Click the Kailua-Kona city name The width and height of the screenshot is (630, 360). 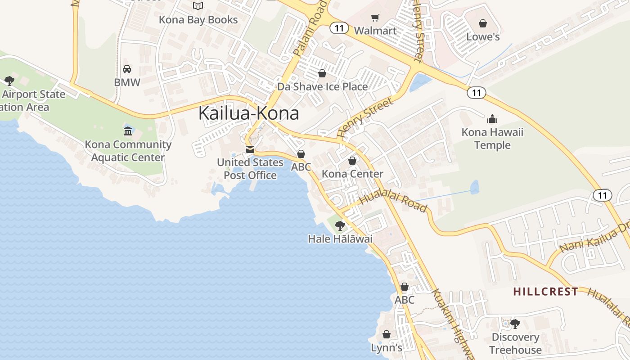248,113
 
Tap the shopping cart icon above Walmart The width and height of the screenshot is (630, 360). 375,18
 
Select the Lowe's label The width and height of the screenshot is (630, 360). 483,37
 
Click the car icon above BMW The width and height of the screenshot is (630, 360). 127,69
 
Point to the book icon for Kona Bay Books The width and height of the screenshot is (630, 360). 198,6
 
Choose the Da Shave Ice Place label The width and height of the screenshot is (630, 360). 322,86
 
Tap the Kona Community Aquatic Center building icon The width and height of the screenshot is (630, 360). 128,131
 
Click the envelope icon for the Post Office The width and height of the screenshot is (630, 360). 250,149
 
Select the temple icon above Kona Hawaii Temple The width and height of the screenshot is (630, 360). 492,119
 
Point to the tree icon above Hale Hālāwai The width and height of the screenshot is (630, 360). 340,225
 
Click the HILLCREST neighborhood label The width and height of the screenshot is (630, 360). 545,292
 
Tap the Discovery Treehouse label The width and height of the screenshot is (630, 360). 515,343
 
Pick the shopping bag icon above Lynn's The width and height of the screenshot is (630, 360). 386,334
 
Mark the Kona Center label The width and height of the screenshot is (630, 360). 352,174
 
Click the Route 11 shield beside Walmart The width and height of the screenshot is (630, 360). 339,28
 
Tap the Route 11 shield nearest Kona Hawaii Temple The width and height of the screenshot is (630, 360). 476,93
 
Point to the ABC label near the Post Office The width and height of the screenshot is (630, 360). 301,167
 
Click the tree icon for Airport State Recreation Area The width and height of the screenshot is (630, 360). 9,81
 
